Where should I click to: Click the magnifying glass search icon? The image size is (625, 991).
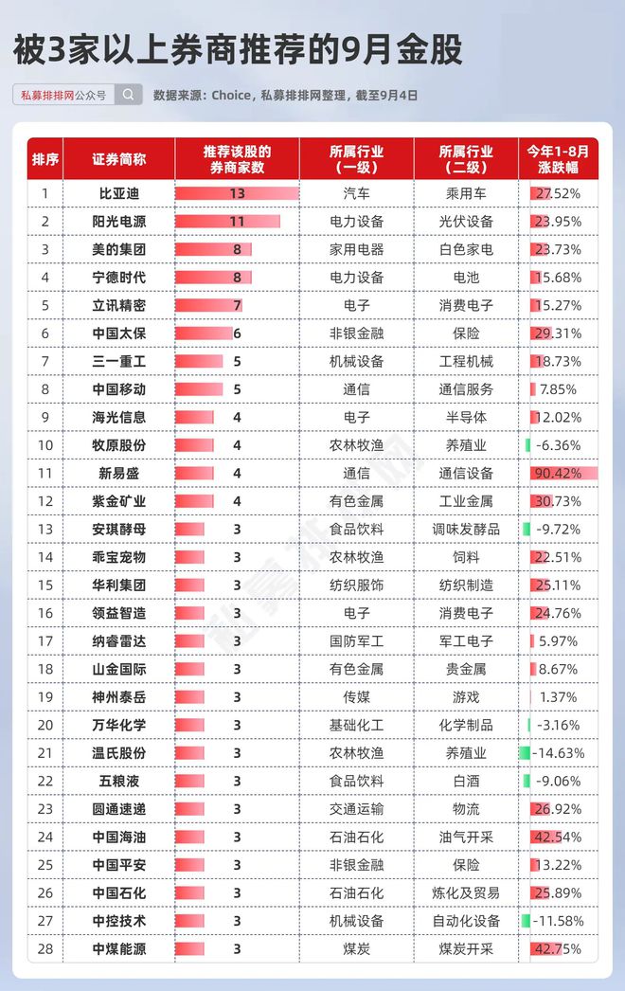tap(128, 95)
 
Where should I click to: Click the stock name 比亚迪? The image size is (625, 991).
tap(118, 193)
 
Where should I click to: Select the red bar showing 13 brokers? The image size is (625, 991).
tap(237, 193)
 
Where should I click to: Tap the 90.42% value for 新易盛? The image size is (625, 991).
tap(558, 474)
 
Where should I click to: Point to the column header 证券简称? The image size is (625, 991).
tap(118, 159)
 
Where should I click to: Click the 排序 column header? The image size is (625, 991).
tap(45, 159)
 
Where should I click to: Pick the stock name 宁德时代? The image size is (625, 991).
tap(118, 278)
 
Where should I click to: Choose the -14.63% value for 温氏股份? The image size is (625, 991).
tap(559, 753)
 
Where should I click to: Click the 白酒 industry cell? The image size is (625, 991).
tap(466, 782)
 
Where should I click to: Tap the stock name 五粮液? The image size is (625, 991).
tap(118, 782)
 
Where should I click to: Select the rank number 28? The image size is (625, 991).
tap(45, 948)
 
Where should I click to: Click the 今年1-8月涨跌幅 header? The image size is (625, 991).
tap(558, 159)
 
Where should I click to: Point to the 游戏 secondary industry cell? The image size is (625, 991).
tap(466, 697)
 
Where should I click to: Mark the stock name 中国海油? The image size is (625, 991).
tap(118, 837)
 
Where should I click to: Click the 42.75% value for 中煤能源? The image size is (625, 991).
tap(558, 948)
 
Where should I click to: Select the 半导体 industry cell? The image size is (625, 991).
tap(466, 417)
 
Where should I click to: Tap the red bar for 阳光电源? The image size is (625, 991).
tap(227, 221)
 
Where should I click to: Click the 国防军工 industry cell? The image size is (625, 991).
tap(356, 641)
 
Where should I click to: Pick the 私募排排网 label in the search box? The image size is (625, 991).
tap(47, 96)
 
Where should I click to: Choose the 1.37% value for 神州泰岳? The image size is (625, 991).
tap(558, 697)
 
